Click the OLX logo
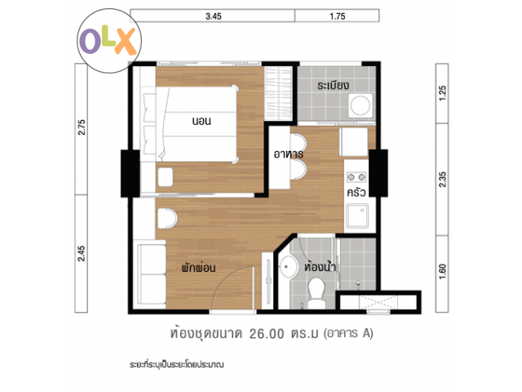[x=109, y=41]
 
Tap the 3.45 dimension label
[x=214, y=16]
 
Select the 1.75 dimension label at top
[x=337, y=16]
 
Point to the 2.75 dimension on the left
[x=82, y=127]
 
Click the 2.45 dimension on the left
[x=82, y=253]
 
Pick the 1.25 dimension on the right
[x=442, y=93]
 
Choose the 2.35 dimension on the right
[x=442, y=180]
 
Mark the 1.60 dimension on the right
[x=442, y=271]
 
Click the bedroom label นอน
[x=201, y=121]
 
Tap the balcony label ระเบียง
[x=334, y=85]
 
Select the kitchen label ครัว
[x=356, y=193]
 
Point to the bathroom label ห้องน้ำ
[x=320, y=266]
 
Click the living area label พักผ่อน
[x=198, y=267]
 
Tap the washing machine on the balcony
[x=361, y=105]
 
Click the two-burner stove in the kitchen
[x=356, y=177]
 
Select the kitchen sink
[x=357, y=216]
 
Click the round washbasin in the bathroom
[x=288, y=267]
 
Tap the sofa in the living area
[x=152, y=274]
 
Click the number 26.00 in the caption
[x=267, y=334]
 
